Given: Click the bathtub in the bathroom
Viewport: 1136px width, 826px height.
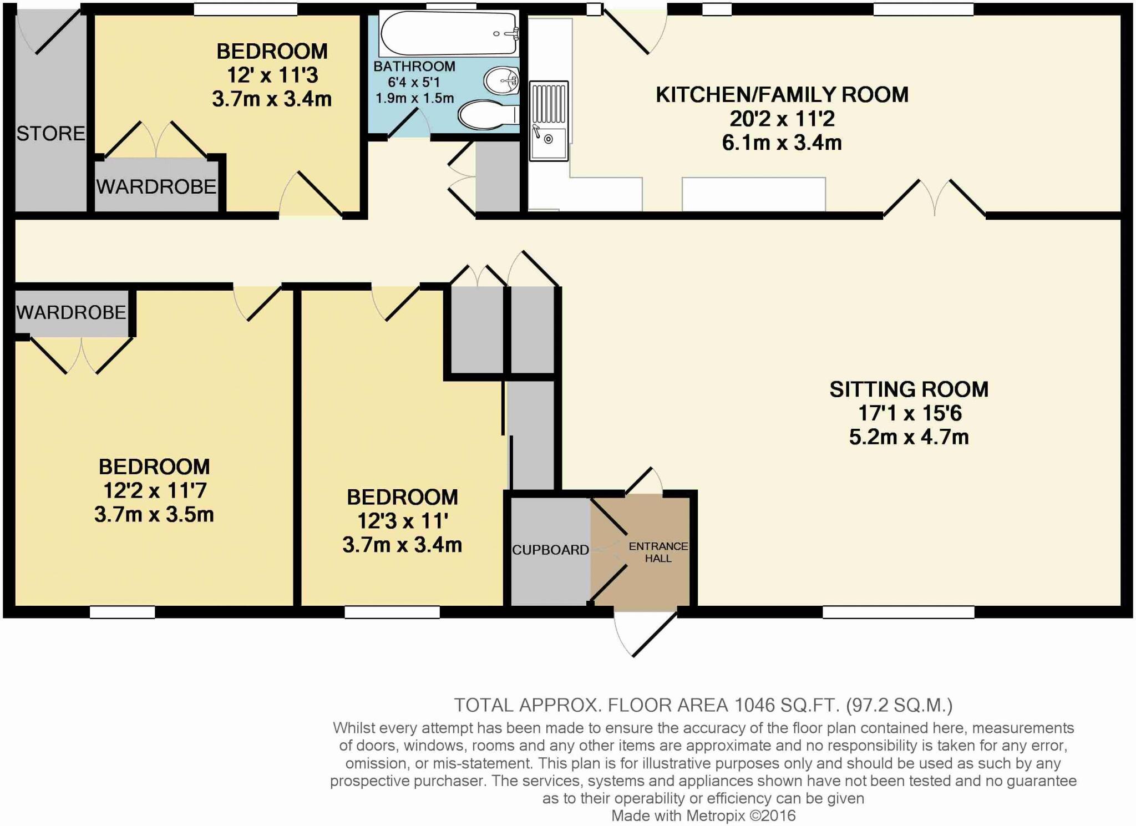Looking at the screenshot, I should point(448,33).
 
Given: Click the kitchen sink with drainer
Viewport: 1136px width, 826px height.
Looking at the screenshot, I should point(549,121).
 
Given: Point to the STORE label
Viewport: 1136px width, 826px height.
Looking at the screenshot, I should point(50,134).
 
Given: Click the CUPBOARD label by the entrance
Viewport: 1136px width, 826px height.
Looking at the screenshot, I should point(550,550).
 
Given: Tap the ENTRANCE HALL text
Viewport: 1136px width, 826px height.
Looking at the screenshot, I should point(658,552).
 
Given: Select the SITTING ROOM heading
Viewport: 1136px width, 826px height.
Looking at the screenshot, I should point(909,389).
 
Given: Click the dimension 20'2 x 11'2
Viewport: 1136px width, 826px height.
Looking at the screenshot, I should point(782,119).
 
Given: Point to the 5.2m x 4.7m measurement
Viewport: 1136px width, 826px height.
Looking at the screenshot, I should point(909,437).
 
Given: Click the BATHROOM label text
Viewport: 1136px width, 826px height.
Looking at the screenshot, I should point(414,67).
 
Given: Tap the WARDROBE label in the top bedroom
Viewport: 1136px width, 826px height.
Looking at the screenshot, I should point(156,187).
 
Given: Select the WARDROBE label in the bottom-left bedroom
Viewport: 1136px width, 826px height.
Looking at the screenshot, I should point(71,313).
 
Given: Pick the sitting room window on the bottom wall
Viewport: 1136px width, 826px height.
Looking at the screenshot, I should point(898,612).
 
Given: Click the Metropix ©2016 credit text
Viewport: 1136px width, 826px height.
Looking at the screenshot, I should point(741,815).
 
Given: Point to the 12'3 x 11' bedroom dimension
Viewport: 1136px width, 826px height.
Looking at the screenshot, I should point(402,521).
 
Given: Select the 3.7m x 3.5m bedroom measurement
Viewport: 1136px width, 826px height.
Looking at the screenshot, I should point(154,515).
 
